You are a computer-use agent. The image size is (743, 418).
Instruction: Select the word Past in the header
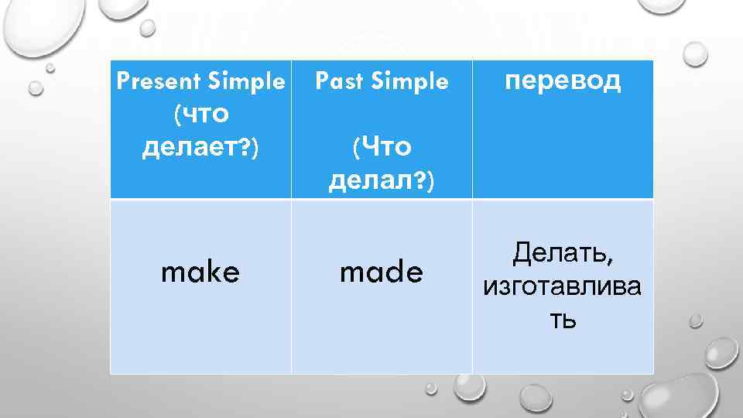[338, 81]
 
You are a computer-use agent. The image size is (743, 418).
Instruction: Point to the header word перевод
[563, 81]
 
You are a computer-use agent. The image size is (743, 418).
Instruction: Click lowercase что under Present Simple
[203, 114]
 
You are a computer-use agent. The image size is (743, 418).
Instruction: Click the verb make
[200, 271]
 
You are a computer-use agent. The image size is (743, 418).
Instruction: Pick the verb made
[382, 271]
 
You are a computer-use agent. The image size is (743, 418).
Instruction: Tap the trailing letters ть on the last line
[563, 318]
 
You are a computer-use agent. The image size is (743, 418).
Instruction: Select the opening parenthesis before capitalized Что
[355, 147]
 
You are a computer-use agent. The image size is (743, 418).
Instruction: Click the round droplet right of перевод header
[695, 54]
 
